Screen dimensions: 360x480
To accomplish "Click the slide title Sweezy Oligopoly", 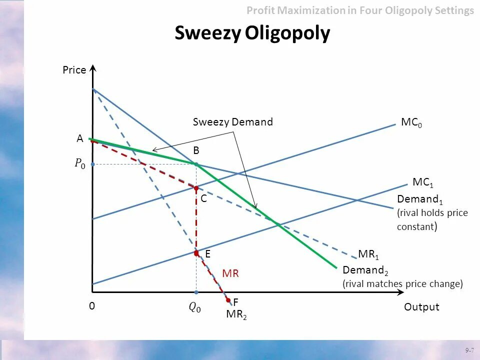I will pos(252,33).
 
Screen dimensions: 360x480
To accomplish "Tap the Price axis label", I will pos(74,70).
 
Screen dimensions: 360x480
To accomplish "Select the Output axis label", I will pos(421,307).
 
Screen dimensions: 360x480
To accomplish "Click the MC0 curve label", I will pos(411,122).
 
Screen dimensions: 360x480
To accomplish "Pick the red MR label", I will pos(230,273).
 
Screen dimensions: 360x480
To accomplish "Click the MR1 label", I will pos(368,254).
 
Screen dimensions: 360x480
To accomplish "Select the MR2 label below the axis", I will pos(236,314).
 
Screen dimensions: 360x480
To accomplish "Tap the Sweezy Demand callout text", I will pos(233,122).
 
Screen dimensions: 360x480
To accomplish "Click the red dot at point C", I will pos(196,188).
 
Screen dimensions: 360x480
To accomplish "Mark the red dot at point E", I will pos(196,253).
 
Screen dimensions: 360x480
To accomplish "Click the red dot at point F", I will pos(228,300).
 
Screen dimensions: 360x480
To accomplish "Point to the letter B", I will pos(196,150).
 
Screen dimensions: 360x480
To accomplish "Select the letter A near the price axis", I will pos(79,139).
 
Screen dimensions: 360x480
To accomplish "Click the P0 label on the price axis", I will pos(80,163).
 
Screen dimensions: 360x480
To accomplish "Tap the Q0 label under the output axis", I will pos(194,308).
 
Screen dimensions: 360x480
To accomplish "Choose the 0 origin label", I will pos(92,306).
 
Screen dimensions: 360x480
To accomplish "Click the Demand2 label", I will pos(365,270).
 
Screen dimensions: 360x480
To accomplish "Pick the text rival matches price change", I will pos(402,284).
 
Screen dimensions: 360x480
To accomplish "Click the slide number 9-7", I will pos(468,350).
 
